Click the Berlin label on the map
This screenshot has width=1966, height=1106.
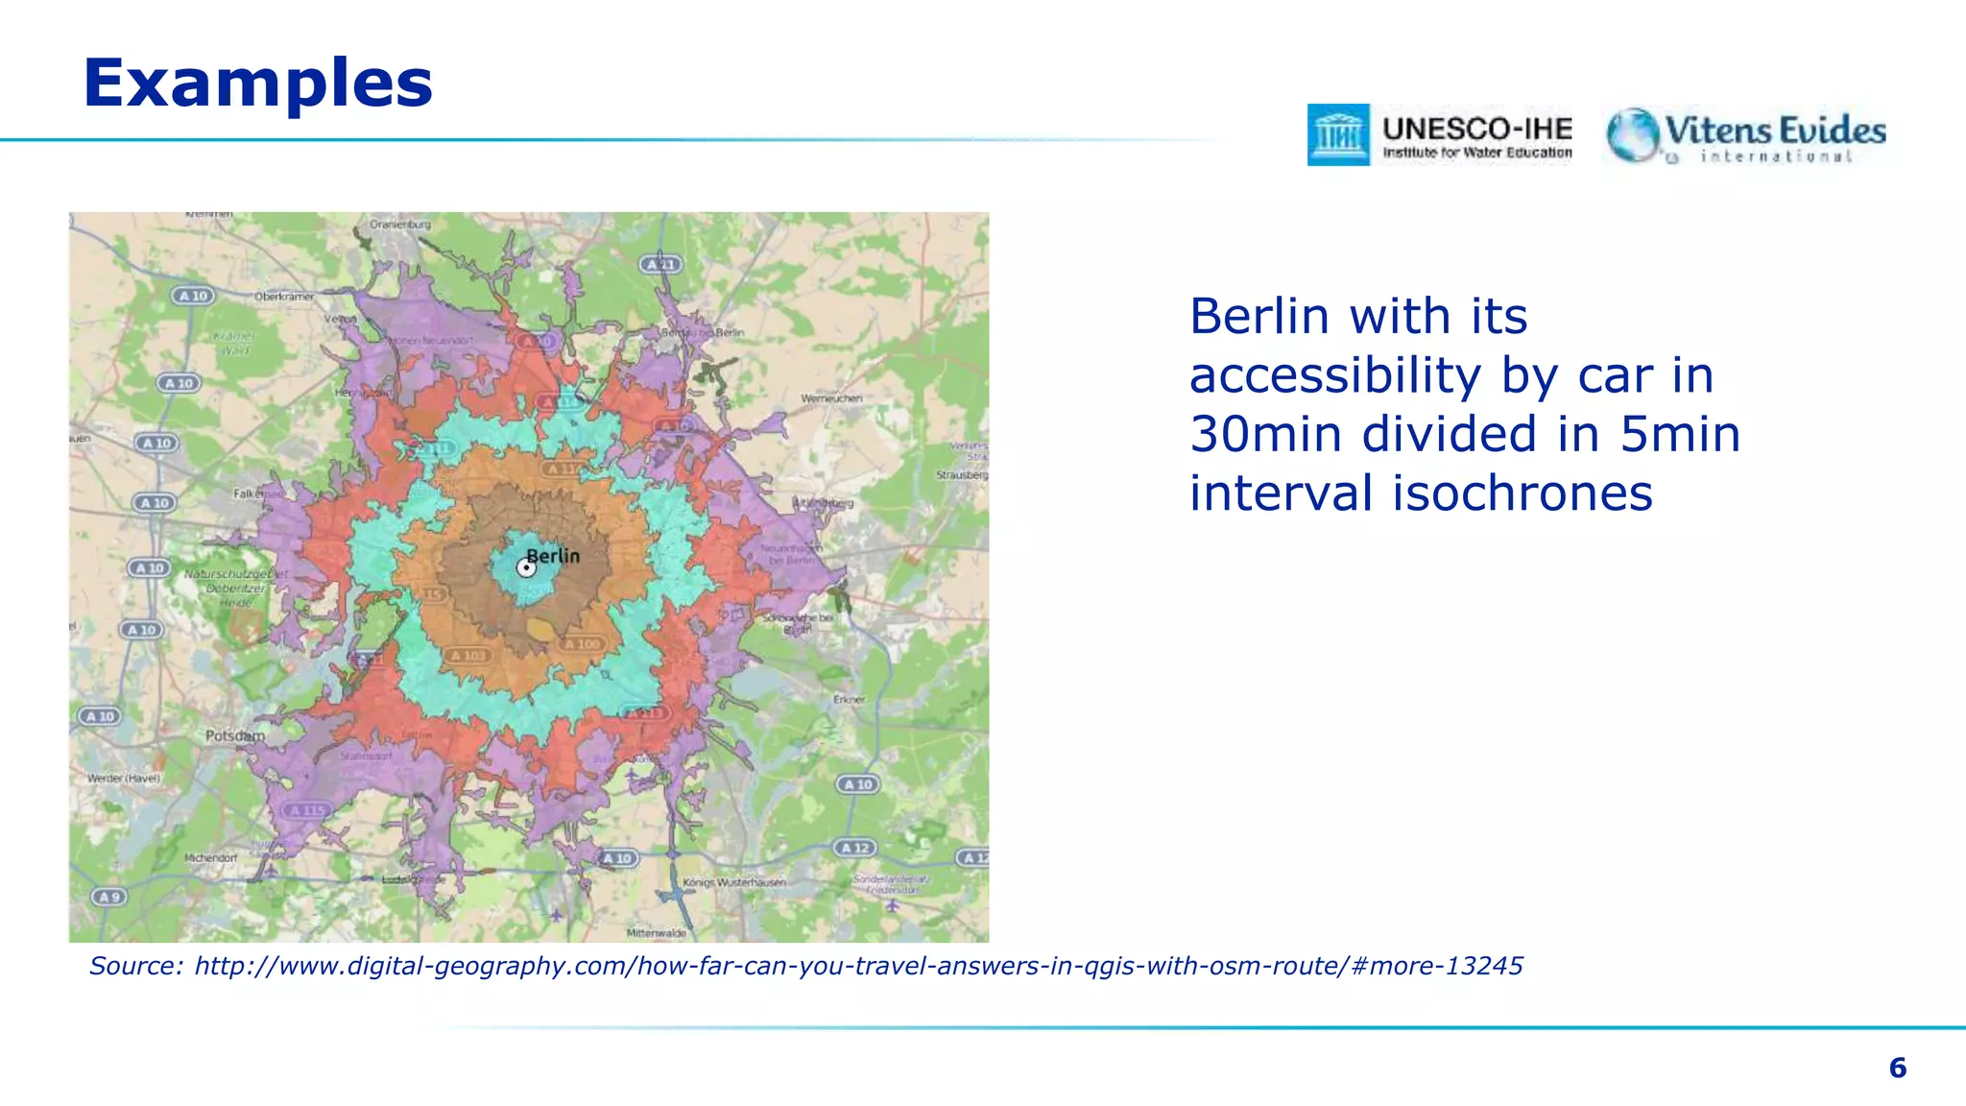(554, 556)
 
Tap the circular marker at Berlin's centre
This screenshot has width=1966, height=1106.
(525, 568)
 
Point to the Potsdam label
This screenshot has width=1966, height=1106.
(234, 735)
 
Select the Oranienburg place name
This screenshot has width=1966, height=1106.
(400, 225)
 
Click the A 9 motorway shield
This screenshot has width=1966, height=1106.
(108, 897)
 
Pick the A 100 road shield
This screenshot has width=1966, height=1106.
(583, 643)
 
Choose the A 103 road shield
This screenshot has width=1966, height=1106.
(468, 655)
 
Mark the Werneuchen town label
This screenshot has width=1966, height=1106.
(831, 397)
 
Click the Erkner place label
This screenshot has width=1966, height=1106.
(849, 699)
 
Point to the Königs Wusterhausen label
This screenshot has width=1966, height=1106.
(734, 881)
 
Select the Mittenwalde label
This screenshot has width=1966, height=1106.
(657, 932)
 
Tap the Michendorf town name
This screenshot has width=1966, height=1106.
(210, 857)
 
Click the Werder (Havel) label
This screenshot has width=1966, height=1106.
(124, 778)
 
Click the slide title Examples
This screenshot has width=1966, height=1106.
(258, 83)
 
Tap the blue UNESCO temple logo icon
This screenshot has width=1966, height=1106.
(1338, 134)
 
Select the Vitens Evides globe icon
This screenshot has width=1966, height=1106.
(1632, 134)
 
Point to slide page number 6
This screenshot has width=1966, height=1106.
(1897, 1068)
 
